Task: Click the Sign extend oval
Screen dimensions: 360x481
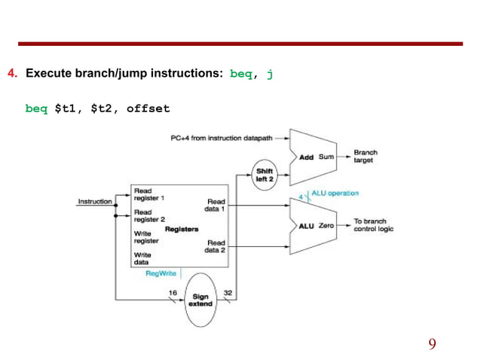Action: [x=200, y=300]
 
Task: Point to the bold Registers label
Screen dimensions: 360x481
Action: [x=181, y=228]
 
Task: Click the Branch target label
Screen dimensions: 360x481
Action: [x=366, y=156]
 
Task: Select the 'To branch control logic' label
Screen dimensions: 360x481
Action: [x=373, y=225]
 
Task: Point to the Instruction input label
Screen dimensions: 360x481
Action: [x=94, y=201]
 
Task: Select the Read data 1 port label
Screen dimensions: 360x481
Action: [x=216, y=205]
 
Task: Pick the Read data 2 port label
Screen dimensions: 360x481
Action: [x=216, y=246]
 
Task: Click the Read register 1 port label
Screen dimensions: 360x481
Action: [x=149, y=194]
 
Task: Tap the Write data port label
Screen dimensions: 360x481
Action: [x=142, y=259]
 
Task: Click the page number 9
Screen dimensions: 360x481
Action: [x=432, y=344]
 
